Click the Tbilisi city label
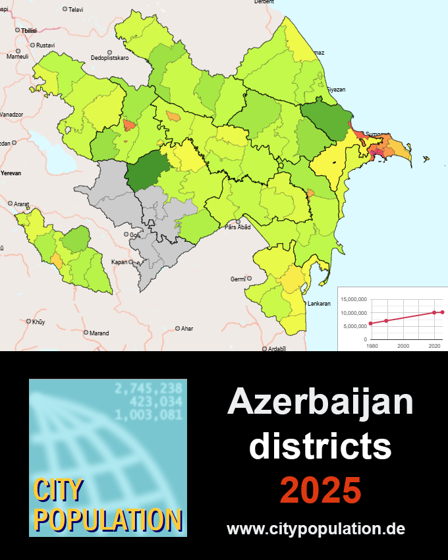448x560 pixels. (28, 31)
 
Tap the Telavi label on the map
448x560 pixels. (76, 9)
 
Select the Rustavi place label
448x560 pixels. (45, 45)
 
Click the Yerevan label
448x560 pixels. (11, 173)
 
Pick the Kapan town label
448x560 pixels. (119, 262)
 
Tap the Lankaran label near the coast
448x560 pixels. (319, 303)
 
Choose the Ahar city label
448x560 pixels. (187, 328)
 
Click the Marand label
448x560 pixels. (99, 333)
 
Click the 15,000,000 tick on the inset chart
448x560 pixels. (354, 300)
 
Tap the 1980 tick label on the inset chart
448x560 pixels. (372, 345)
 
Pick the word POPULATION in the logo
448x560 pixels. (107, 518)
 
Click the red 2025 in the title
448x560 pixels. (320, 490)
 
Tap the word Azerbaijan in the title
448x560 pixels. (320, 403)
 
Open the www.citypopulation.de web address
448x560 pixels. (316, 528)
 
